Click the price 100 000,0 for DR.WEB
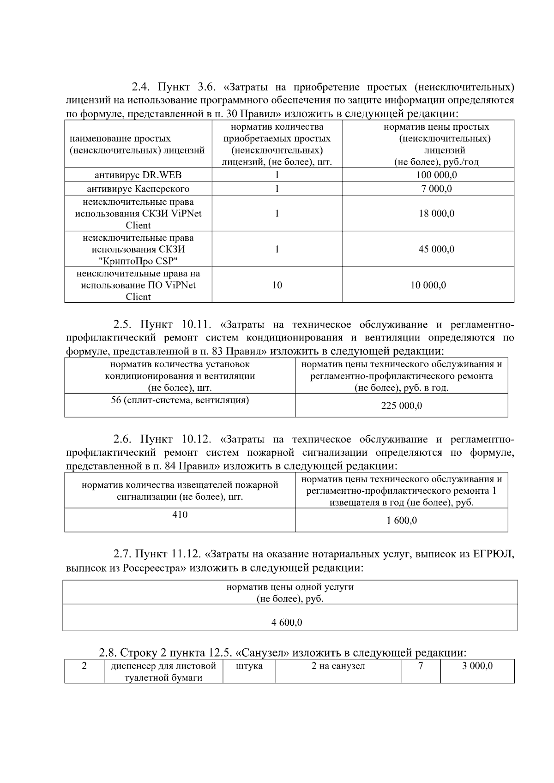[x=436, y=175]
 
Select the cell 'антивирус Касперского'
[x=138, y=189]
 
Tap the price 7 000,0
[x=436, y=189]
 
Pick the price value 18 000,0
[x=436, y=214]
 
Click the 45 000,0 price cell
[x=436, y=249]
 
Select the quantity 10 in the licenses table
[x=277, y=285]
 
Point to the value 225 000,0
[x=401, y=406]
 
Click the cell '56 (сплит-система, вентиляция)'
[x=180, y=400]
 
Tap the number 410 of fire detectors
[x=180, y=514]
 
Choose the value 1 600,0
[x=402, y=520]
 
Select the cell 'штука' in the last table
[x=249, y=666]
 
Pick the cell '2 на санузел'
[x=338, y=666]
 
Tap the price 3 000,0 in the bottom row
[x=477, y=666]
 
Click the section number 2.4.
[x=141, y=87]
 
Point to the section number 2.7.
[x=123, y=554]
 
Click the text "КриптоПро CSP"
[x=138, y=261]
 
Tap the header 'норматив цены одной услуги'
[x=290, y=587]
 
